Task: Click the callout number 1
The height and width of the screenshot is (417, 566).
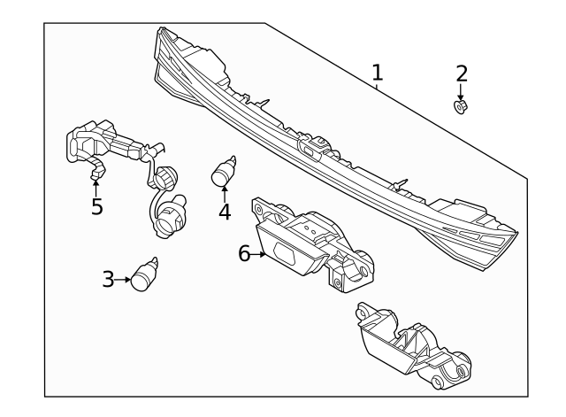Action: click(x=378, y=72)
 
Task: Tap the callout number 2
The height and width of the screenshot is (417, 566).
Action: click(x=461, y=73)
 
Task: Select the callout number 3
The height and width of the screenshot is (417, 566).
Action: click(x=108, y=280)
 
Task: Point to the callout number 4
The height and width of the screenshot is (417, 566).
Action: click(x=225, y=212)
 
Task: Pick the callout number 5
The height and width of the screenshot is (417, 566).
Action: click(x=96, y=207)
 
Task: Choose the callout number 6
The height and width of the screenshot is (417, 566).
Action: click(x=244, y=253)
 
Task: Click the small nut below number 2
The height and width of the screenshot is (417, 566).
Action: click(x=461, y=106)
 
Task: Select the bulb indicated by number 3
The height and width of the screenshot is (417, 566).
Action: click(x=144, y=277)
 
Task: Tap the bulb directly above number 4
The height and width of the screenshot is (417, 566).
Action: click(x=223, y=171)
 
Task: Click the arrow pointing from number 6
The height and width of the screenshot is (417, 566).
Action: click(x=260, y=254)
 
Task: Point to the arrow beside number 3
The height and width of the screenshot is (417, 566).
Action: click(x=123, y=281)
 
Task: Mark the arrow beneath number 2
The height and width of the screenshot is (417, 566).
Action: click(x=461, y=91)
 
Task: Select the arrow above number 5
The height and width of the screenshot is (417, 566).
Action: click(x=96, y=186)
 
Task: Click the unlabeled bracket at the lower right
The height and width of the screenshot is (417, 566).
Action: click(x=410, y=349)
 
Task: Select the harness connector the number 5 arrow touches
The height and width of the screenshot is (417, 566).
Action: click(x=95, y=168)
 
